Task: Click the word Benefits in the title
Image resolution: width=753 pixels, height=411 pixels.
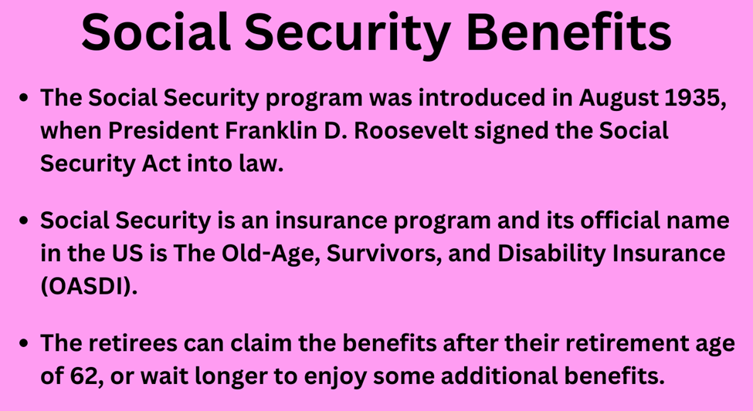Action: point(568,32)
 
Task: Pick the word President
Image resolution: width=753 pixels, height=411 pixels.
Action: point(163,130)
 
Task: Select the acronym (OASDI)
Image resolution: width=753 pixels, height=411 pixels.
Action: point(88,288)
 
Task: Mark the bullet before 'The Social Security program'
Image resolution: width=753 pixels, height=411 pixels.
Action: point(23,98)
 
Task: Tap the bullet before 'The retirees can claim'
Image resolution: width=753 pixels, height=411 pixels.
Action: point(23,344)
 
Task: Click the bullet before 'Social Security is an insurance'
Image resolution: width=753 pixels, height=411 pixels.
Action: point(23,221)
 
